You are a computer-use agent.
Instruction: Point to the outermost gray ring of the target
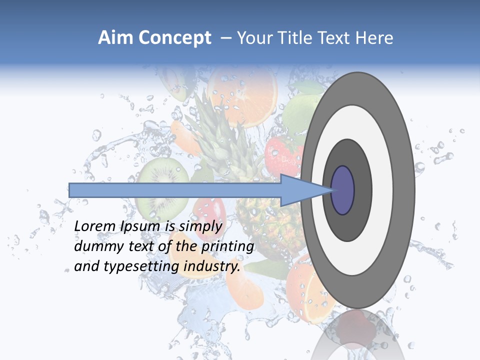coord(404,190)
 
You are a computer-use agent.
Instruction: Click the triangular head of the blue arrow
coord(300,190)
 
